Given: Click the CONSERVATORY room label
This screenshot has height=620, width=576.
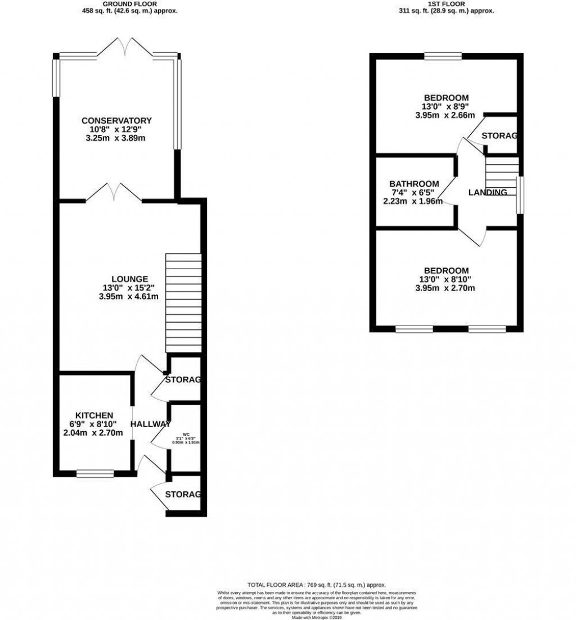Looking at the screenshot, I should (116, 120).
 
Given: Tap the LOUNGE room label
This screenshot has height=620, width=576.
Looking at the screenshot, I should (129, 279).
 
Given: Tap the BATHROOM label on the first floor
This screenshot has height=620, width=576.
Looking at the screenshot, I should (414, 184).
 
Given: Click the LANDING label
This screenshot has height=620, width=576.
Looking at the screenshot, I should (488, 192).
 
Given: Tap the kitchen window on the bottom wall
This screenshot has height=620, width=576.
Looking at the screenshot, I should (95, 474).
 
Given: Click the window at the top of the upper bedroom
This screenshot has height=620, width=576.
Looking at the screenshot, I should (443, 55).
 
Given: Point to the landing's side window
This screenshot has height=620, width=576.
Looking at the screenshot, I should (520, 194).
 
